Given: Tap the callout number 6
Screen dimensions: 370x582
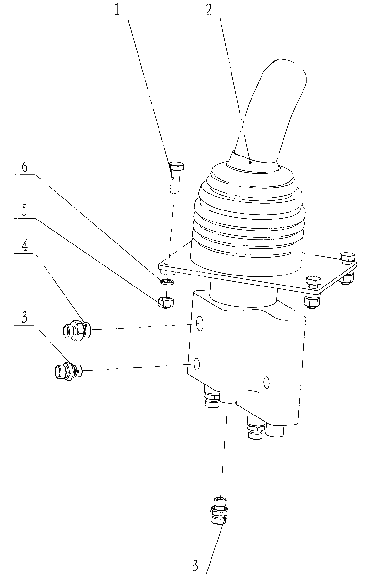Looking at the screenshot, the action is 25,167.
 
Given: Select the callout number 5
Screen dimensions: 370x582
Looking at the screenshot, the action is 25,211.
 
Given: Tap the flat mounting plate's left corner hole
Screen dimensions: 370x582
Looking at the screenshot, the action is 167,264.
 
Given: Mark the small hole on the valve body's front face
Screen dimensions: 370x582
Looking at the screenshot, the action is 266,382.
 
